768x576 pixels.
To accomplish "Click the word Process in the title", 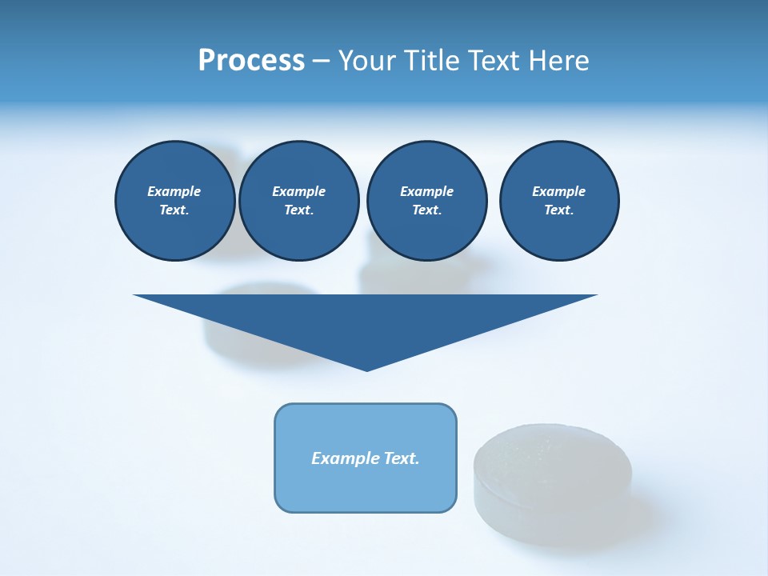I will pyautogui.click(x=251, y=61).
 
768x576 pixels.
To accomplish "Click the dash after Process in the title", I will pyautogui.click(x=322, y=62).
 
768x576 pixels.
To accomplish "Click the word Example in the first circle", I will pyautogui.click(x=174, y=191).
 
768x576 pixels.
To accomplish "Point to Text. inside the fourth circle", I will pyautogui.click(x=558, y=210).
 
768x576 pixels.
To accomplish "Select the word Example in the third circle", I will pyautogui.click(x=426, y=191).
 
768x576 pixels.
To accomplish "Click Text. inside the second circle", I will pyautogui.click(x=298, y=210).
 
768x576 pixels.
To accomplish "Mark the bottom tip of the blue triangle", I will pyautogui.click(x=366, y=369).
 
